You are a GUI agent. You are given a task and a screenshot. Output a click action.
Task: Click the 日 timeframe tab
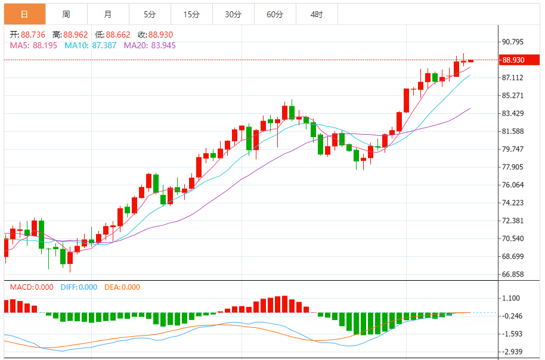coord(24,14)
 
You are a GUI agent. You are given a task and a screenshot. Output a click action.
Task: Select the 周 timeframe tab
coord(66,14)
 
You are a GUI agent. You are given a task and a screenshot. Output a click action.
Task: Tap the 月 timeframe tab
coord(107,14)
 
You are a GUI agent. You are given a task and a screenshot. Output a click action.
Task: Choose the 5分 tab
coord(149,14)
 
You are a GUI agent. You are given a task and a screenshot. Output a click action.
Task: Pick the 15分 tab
coord(191,14)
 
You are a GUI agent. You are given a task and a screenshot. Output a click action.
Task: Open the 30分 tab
coord(233,14)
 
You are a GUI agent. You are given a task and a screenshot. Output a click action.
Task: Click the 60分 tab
coord(275,14)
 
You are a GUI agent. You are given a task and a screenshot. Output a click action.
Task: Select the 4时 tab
coord(317,14)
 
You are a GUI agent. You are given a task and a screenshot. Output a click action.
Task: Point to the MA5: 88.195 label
coord(33,45)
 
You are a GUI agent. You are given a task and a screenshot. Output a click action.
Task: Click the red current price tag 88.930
coord(513,60)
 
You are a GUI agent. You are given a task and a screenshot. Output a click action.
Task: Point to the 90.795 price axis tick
coord(513,42)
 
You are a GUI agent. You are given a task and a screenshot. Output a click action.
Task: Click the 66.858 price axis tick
coord(513,274)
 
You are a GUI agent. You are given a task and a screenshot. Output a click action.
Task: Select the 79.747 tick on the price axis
coord(513,149)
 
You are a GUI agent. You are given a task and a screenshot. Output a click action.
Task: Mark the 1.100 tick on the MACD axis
coord(512,298)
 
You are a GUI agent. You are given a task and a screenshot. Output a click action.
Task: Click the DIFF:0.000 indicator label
coord(79,287)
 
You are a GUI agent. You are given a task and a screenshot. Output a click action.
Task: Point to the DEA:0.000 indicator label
coord(122,287)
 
